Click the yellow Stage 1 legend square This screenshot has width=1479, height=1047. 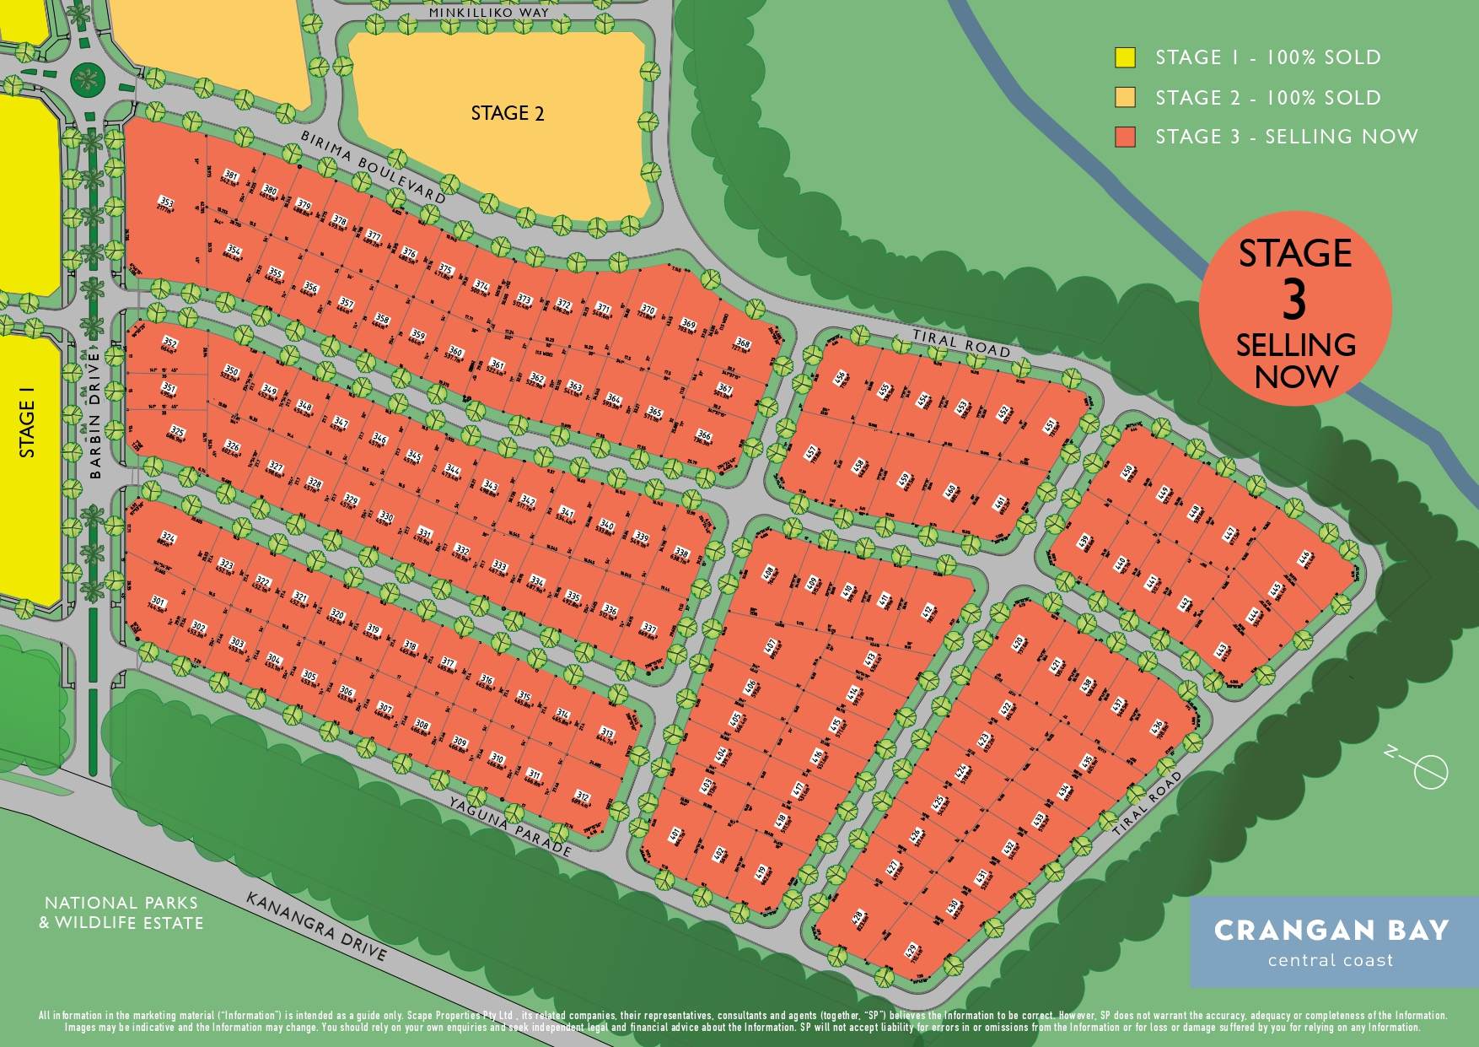click(1125, 57)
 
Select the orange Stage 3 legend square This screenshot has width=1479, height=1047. click(1125, 137)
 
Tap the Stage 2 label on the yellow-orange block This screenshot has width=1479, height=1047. click(507, 113)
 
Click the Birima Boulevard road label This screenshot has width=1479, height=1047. click(373, 167)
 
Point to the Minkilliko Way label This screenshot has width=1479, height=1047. click(489, 13)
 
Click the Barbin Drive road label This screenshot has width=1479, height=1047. click(94, 413)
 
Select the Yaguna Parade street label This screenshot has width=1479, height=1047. click(510, 826)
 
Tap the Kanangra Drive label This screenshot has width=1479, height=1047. click(316, 926)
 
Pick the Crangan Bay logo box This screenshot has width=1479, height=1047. click(1331, 942)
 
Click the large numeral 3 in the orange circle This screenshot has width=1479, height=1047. click(1294, 300)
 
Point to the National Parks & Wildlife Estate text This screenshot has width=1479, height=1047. click(121, 913)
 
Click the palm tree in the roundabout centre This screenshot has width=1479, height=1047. click(85, 81)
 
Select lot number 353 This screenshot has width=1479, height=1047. click(166, 202)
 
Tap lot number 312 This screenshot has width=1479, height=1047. click(581, 796)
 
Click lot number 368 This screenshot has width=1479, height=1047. click(742, 343)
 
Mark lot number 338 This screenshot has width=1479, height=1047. click(680, 553)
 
